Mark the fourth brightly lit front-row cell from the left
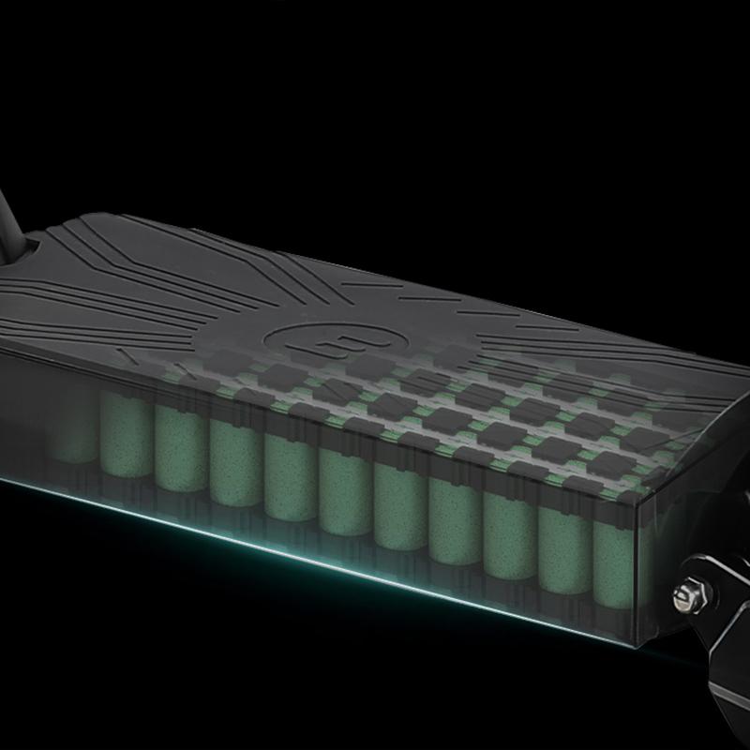291,477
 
